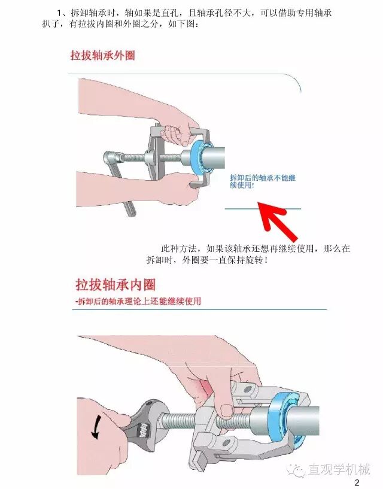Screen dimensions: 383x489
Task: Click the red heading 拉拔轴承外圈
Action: pos(102,56)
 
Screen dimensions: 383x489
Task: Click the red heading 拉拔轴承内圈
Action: pos(115,285)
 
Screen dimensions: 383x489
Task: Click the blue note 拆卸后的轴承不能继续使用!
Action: pos(263,181)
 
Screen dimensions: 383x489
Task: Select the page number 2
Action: pos(357,483)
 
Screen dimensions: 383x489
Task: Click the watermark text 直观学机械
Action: pos(339,469)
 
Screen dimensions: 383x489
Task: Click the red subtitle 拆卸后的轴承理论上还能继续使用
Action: pos(138,302)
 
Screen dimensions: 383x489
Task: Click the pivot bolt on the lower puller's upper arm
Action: pos(248,389)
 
